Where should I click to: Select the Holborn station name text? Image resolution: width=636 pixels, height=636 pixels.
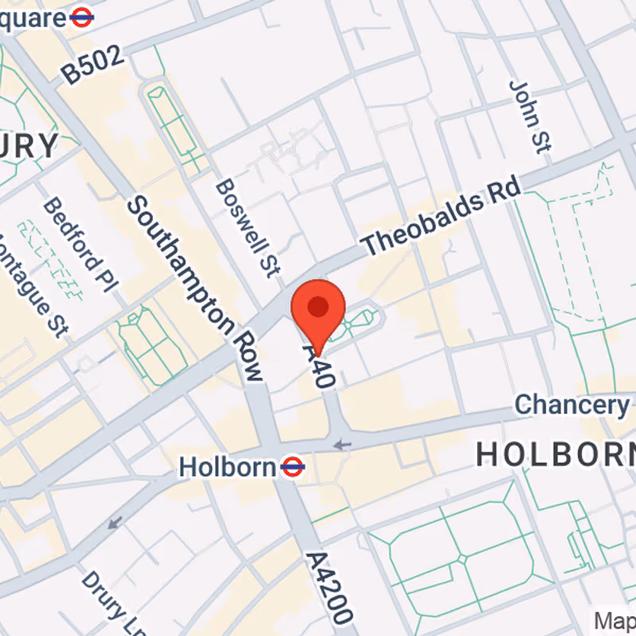227,467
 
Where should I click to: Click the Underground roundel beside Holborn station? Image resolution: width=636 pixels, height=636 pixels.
293,467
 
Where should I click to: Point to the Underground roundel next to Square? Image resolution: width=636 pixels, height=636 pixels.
82,17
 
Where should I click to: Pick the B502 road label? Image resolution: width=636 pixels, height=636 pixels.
95,64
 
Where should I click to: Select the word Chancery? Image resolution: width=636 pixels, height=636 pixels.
571,405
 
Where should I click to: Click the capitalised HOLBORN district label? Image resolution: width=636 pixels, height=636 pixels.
555,454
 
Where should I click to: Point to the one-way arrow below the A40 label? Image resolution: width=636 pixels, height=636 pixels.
342,444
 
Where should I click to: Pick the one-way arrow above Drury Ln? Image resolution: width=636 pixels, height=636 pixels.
115,523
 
